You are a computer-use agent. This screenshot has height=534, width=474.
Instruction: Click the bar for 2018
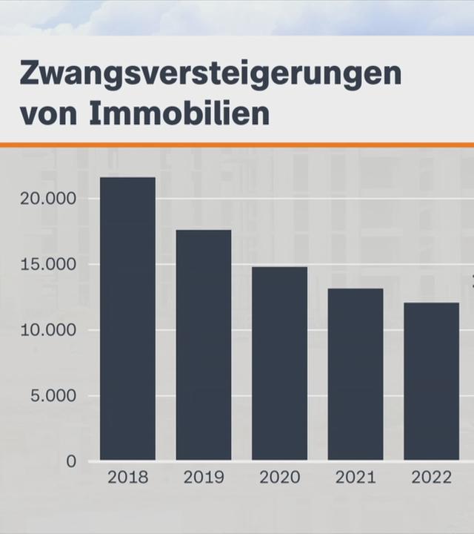point(127,319)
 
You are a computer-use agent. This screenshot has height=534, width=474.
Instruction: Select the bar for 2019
point(204,345)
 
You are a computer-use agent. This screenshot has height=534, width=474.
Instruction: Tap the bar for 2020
point(279,363)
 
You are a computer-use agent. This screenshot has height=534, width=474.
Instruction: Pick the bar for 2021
point(355,375)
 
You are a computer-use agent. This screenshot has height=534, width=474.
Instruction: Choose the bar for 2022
point(431,381)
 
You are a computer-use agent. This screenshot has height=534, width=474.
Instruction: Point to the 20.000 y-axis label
point(48,199)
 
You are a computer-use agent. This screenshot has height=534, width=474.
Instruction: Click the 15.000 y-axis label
point(48,265)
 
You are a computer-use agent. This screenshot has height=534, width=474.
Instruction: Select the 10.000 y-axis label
point(48,330)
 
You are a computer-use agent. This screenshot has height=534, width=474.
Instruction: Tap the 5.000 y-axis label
point(53,396)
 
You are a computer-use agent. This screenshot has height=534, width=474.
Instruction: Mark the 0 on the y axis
point(71,461)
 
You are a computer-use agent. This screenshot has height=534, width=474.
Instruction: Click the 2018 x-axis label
point(127,478)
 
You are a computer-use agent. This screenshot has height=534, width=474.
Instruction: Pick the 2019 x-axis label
point(204,478)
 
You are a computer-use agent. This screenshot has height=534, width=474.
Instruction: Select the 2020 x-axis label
point(279,478)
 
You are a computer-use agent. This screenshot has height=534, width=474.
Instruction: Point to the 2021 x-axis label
point(355,478)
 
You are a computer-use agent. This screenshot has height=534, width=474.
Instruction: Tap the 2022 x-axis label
point(431,478)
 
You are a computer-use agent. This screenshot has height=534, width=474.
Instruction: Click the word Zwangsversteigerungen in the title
point(210,75)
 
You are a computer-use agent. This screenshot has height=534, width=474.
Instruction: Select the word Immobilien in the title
point(179,114)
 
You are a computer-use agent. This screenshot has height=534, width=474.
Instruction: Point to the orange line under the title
point(237,144)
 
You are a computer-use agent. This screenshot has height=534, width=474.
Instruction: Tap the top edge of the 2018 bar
point(127,178)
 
